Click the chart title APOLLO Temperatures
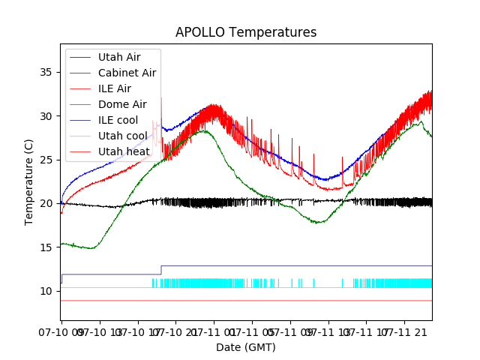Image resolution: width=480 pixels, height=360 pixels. point(246,32)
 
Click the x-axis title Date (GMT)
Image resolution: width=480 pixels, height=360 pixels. point(246,347)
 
